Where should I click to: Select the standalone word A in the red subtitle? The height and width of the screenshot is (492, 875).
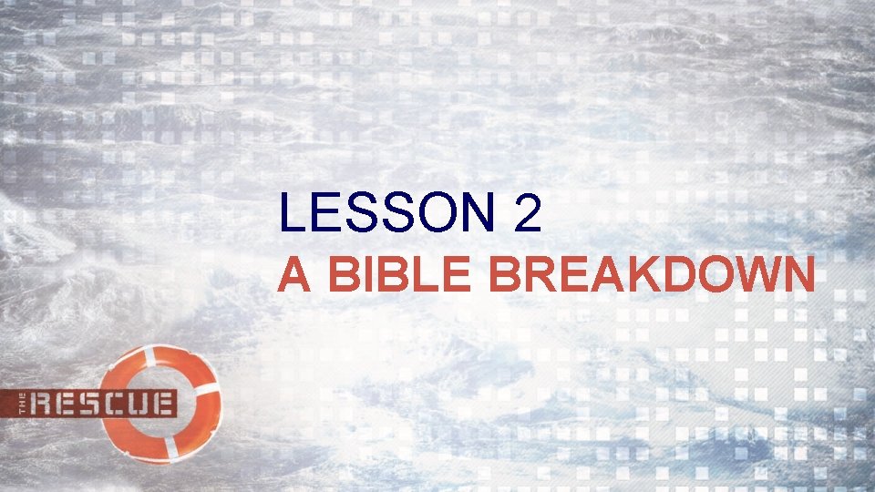(x=293, y=274)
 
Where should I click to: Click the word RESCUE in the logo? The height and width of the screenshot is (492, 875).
(x=103, y=403)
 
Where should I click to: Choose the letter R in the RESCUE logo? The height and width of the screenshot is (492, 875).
(x=45, y=403)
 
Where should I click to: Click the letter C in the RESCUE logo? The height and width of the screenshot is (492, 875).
(x=113, y=403)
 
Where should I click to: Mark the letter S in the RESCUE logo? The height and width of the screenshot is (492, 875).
(x=89, y=403)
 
